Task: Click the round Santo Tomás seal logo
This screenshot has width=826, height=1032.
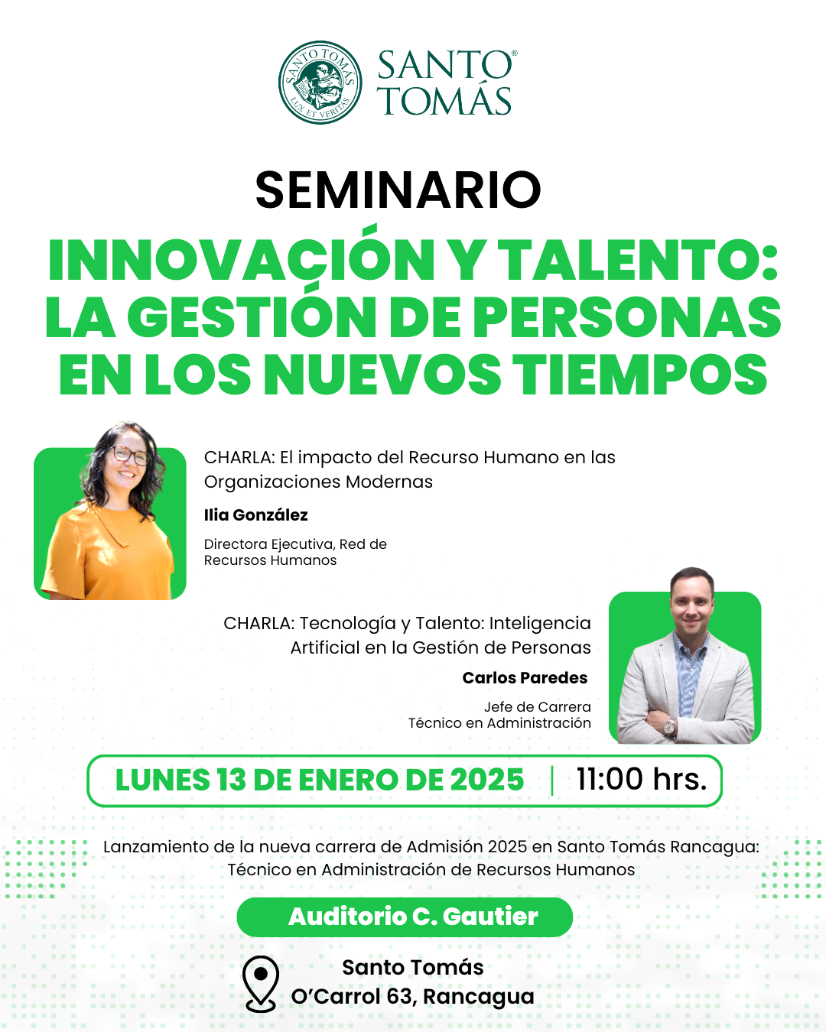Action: [x=320, y=82]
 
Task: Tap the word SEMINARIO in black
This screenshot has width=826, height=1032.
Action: [x=398, y=190]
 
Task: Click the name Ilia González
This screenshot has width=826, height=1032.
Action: [x=255, y=515]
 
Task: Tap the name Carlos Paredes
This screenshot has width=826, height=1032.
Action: [x=525, y=677]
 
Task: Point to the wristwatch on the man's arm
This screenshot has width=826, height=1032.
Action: [x=669, y=725]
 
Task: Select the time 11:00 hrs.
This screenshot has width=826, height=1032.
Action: [x=641, y=779]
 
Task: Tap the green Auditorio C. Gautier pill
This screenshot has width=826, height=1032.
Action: [x=405, y=917]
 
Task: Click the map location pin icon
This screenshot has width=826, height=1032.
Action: [x=261, y=984]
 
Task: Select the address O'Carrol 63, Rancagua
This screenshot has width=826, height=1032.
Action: [x=413, y=997]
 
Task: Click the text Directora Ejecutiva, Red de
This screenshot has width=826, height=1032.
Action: [x=295, y=544]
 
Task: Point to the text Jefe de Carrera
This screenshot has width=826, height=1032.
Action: [x=537, y=707]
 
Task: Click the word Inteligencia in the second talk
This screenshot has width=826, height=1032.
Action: [x=540, y=624]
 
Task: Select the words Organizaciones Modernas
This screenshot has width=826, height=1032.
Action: [x=318, y=482]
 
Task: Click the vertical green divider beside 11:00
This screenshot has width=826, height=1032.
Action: [x=552, y=780]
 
